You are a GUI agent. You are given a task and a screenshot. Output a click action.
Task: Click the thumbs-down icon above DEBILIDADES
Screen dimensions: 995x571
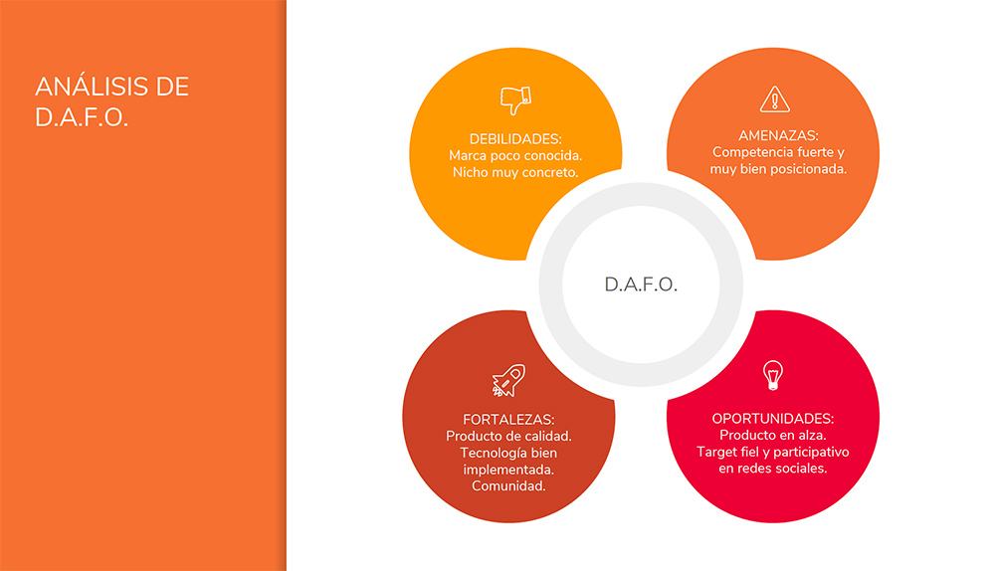tap(515, 100)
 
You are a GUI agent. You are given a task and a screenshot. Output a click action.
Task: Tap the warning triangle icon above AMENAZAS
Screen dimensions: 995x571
tap(775, 98)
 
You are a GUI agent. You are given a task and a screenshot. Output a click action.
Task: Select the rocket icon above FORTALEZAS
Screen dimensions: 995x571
tap(508, 380)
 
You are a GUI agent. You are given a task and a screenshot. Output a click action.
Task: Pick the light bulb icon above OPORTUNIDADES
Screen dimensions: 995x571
tap(773, 375)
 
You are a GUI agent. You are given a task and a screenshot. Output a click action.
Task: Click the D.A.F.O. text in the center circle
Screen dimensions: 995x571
tap(641, 285)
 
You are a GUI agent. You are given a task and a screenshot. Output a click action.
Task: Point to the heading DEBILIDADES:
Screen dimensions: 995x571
tap(515, 139)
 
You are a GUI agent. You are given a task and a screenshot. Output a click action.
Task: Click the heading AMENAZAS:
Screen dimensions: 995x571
tap(779, 135)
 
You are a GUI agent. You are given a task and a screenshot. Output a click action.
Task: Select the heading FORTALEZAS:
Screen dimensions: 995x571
tap(508, 420)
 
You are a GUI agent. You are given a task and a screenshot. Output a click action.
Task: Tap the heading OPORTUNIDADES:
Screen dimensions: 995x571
tap(773, 419)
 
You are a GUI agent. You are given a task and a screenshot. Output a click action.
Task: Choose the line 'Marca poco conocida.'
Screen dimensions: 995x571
tap(515, 156)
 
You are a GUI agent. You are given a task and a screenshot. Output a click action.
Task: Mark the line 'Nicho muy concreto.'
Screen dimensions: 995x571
tap(515, 172)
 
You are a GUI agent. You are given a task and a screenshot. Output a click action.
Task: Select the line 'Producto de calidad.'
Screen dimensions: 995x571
tap(508, 437)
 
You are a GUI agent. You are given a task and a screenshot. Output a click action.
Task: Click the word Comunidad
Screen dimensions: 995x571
tap(508, 486)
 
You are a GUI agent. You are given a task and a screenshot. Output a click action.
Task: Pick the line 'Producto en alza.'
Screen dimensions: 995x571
tap(773, 436)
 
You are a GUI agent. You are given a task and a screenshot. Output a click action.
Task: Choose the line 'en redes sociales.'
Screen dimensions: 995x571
tap(773, 469)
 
